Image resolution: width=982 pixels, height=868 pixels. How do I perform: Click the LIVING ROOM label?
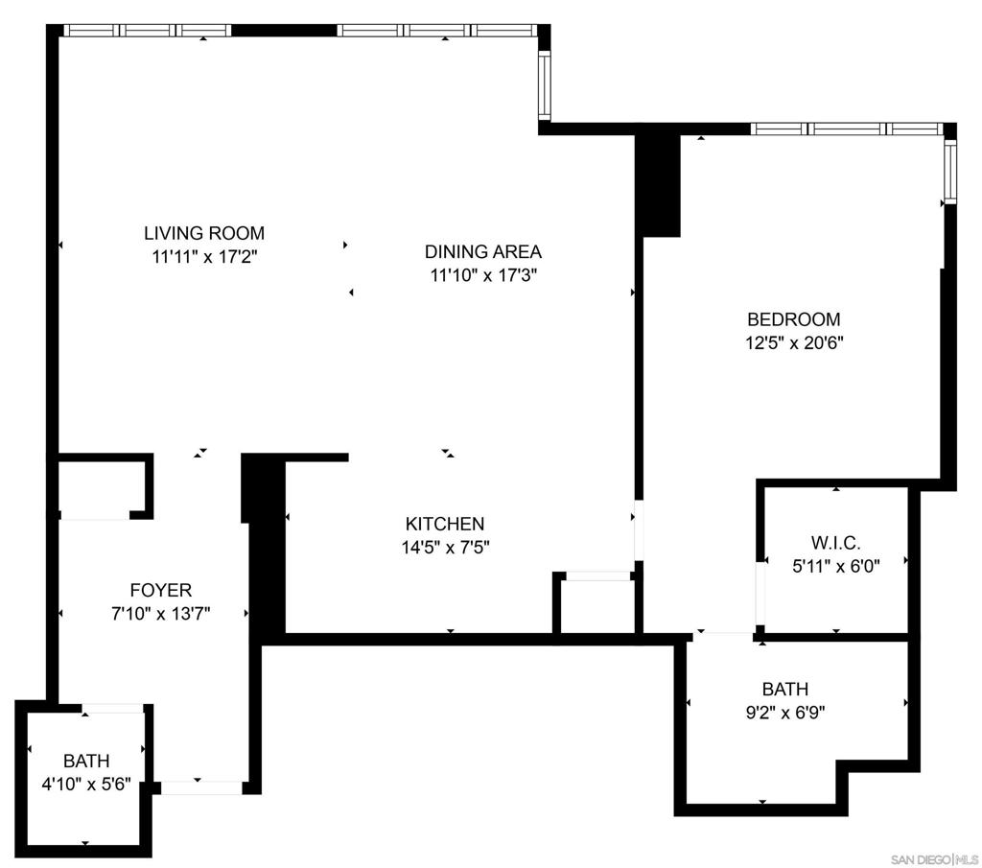click(204, 233)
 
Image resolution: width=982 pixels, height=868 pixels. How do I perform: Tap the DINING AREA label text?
click(483, 251)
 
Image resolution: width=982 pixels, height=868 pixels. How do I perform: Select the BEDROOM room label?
click(793, 319)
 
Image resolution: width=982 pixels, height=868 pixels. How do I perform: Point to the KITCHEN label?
click(445, 524)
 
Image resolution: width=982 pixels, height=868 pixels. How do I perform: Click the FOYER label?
click(161, 590)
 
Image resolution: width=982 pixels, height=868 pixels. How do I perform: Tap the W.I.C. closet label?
click(835, 542)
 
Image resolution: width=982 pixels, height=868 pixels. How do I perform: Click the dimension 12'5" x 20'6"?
click(794, 343)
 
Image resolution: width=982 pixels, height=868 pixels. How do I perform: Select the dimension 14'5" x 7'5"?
click(445, 548)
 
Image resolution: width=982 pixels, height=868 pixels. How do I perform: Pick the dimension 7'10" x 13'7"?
click(160, 614)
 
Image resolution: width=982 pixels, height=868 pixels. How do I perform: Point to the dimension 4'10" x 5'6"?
click(86, 785)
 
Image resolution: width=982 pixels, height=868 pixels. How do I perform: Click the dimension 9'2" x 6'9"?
click(785, 713)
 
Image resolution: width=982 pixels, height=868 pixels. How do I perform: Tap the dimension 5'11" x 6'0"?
click(836, 567)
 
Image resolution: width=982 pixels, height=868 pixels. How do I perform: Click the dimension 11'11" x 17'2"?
click(205, 257)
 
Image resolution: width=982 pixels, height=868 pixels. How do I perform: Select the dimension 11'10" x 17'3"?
click(483, 275)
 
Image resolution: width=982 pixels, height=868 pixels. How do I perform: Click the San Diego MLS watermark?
click(934, 858)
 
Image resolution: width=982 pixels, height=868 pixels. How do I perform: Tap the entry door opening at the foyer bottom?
click(201, 787)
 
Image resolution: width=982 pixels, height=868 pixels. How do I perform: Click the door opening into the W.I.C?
click(760, 595)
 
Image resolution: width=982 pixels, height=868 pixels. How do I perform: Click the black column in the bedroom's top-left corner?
click(658, 185)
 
